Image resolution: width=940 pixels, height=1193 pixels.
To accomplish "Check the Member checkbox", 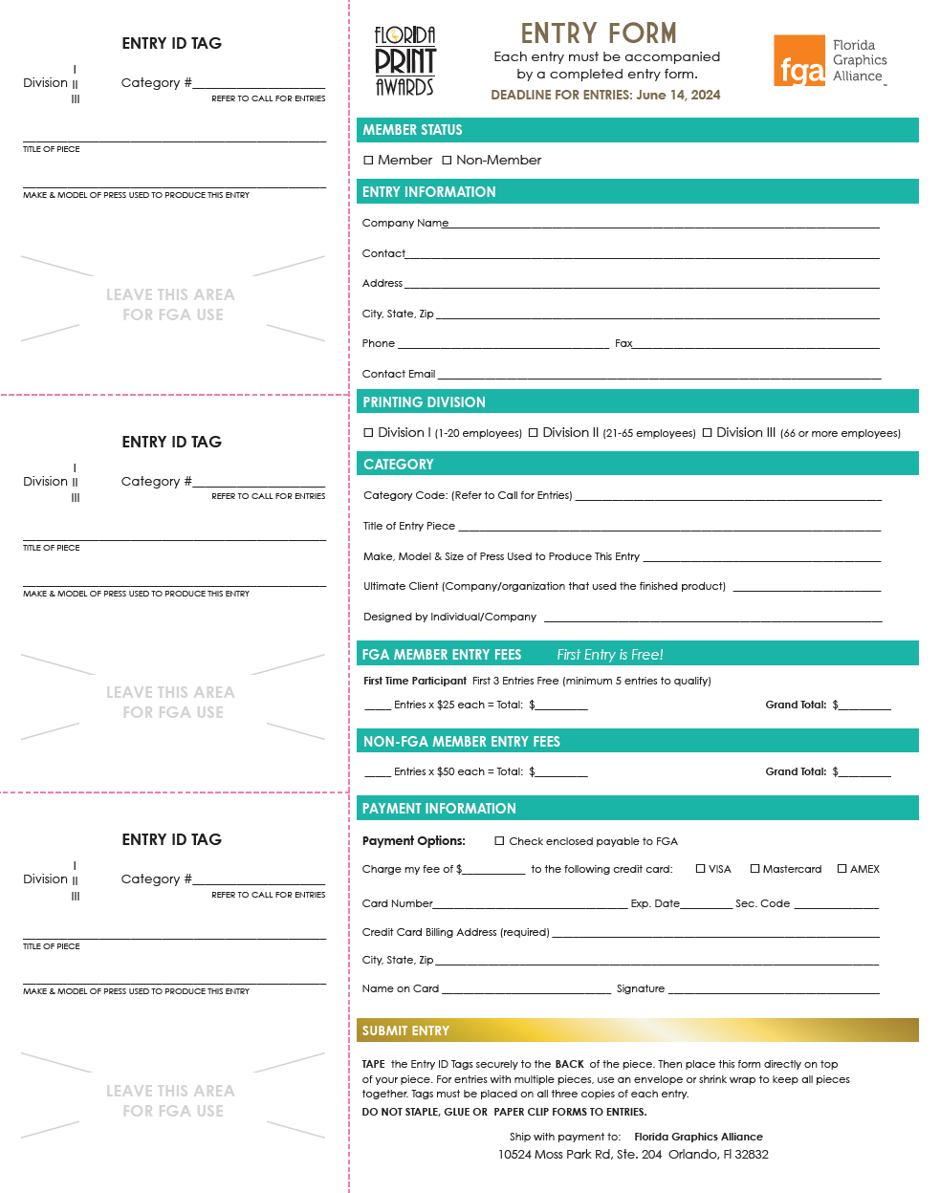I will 368,161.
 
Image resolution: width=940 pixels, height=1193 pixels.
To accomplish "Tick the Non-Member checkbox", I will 447,161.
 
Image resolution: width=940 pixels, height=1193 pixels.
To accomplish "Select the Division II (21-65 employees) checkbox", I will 534,433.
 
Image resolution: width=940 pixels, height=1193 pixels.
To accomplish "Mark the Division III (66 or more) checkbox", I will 708,433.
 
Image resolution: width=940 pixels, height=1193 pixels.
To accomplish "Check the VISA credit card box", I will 700,869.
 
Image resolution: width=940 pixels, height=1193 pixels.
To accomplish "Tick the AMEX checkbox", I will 842,869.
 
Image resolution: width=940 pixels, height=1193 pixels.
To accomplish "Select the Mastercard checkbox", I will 754,869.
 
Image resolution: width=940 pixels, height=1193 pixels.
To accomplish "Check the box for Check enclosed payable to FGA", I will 499,841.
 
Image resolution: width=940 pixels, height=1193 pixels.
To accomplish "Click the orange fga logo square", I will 798,61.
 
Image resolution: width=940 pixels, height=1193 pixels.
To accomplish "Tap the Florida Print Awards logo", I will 404,61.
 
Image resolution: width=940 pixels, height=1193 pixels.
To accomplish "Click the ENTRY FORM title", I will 599,34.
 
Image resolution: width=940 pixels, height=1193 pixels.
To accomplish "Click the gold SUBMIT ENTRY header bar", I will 637,1030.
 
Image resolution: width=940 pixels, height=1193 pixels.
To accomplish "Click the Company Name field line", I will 664,225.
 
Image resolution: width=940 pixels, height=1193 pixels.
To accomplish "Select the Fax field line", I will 755,345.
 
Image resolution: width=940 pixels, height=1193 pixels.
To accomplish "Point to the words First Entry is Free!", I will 610,655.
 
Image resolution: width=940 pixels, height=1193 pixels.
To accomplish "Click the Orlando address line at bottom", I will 633,1155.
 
